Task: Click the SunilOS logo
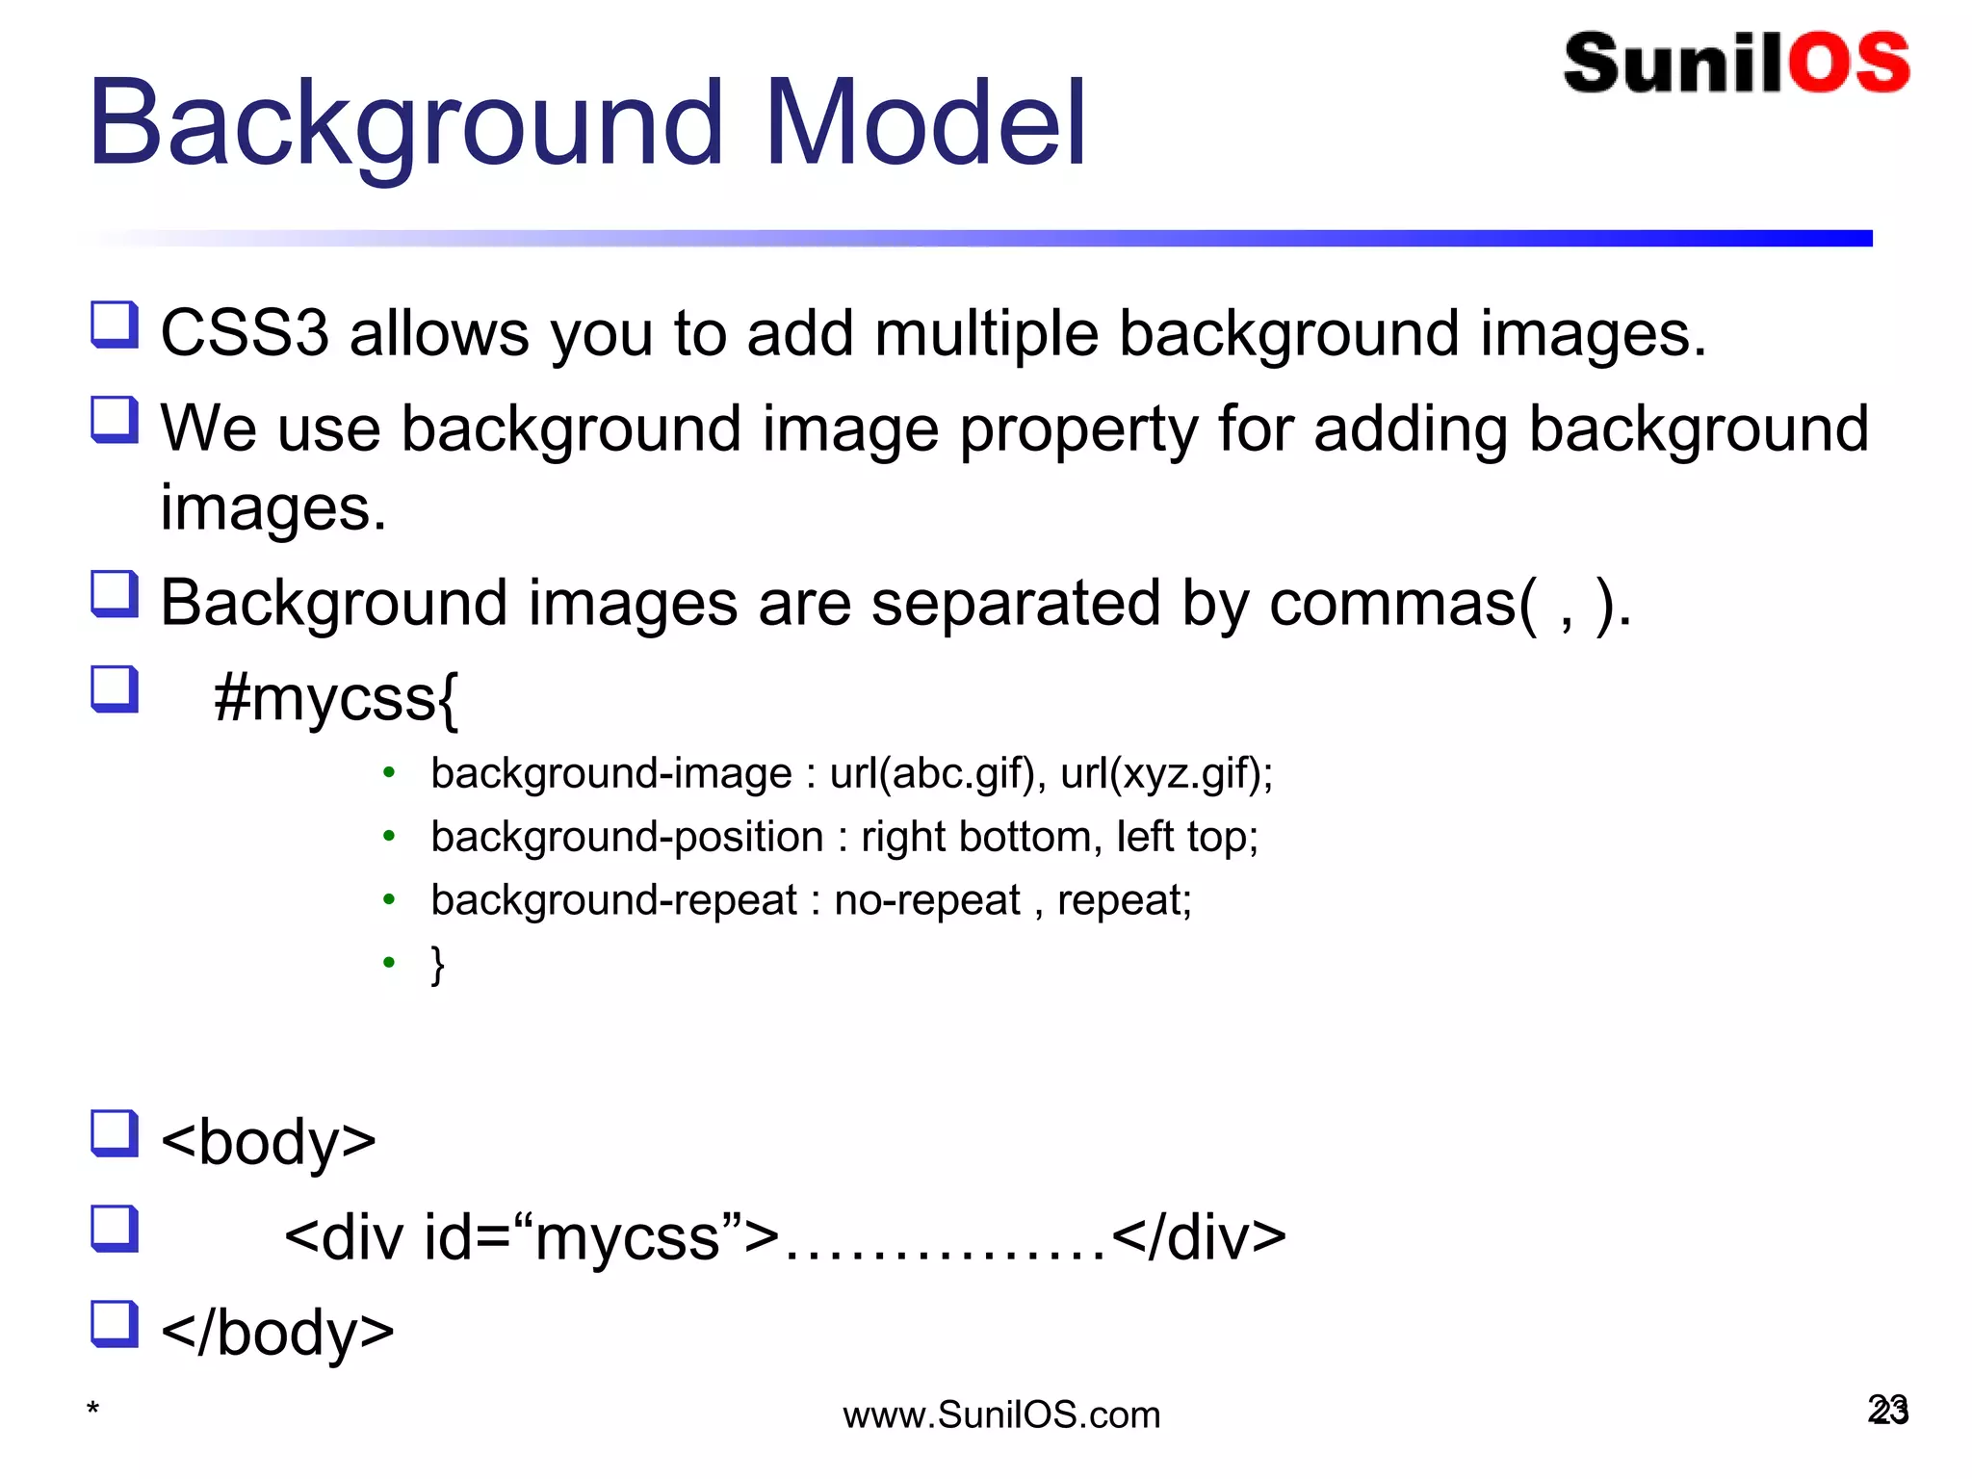1736,64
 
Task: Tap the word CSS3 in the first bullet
245,334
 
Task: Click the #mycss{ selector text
336,698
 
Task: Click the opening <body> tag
269,1142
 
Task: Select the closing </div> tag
1199,1237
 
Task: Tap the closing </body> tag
277,1333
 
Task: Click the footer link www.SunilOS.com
1001,1415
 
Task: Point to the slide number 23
1887,1411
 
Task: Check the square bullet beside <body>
115,1133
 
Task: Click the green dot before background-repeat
389,900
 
